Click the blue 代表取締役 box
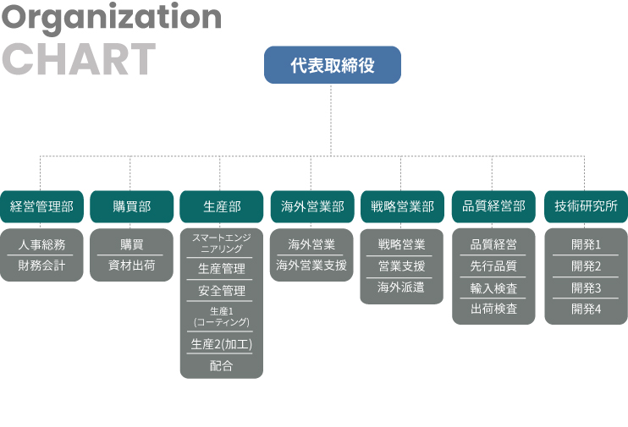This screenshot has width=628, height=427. (x=333, y=65)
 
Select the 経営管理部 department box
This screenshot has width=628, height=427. (x=41, y=206)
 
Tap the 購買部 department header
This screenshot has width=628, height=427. (x=132, y=206)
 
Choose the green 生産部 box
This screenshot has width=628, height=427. (x=222, y=206)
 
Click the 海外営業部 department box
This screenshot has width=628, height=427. (x=312, y=206)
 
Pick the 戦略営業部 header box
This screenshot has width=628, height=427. (x=403, y=206)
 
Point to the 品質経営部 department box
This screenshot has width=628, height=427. (x=493, y=206)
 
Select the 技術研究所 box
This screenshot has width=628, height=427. (x=586, y=206)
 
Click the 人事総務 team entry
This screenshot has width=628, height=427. (x=41, y=244)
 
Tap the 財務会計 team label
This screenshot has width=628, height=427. (x=41, y=266)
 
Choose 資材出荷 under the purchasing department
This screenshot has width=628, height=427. (x=132, y=266)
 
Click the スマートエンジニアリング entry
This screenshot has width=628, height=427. (x=222, y=243)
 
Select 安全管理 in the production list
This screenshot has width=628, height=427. (x=222, y=291)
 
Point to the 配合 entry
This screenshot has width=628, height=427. (x=222, y=365)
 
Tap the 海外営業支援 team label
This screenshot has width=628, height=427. (x=311, y=265)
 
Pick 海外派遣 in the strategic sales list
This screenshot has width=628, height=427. (x=401, y=287)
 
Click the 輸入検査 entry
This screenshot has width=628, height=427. (x=493, y=288)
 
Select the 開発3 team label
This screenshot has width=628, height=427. (x=586, y=287)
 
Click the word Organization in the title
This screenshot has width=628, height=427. (x=112, y=18)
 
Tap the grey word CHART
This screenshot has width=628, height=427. (x=79, y=59)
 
